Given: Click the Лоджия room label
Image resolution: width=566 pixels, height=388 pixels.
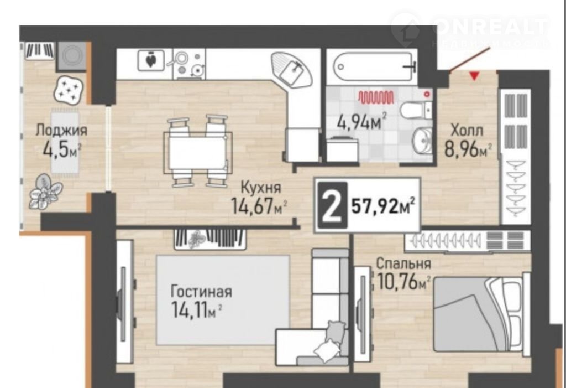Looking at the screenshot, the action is [61, 130].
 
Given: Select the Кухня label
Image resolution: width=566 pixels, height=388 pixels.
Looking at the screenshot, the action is [261, 188].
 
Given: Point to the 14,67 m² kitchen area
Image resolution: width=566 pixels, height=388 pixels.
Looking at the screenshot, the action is [259, 206].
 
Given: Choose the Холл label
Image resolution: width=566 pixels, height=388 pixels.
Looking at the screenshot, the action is [467, 130].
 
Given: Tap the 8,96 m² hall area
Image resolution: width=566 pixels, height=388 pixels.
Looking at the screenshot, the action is [468, 149].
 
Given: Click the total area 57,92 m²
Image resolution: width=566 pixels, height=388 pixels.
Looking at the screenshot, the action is [382, 206].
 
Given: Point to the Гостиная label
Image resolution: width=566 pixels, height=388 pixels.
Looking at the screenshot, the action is [201, 292].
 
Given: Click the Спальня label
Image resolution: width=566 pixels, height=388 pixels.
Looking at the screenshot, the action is [403, 263].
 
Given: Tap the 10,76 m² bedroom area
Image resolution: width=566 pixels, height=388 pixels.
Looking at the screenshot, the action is [403, 282].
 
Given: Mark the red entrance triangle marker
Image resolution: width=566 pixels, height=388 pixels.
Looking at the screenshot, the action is [474, 76].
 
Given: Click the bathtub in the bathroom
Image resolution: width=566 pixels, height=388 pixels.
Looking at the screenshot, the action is [373, 67].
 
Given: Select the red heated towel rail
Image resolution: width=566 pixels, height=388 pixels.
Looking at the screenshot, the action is [376, 97].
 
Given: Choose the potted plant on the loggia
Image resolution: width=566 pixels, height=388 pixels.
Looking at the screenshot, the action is [45, 191].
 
